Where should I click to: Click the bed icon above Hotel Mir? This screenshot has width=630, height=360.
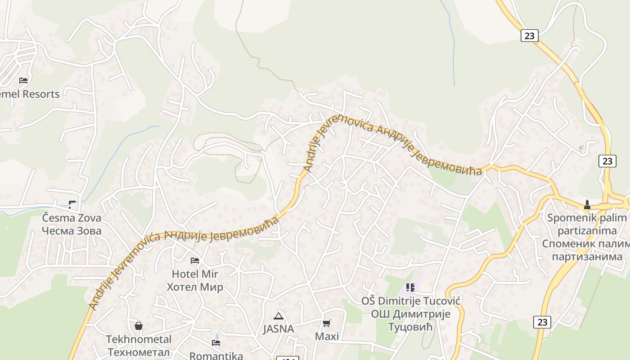coord(195,260)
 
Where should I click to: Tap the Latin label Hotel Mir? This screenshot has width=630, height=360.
coord(195,274)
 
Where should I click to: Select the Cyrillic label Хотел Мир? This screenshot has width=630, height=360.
coord(195,287)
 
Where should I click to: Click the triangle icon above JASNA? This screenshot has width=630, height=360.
coord(279,315)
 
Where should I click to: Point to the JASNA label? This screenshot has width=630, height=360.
coord(279,328)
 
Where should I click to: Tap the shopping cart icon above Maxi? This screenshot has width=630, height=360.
coord(327,323)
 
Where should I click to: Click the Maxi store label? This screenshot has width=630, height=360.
coord(327,336)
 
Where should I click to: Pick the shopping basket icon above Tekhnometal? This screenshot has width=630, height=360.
coord(139,325)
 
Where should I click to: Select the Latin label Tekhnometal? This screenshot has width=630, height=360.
coord(139,339)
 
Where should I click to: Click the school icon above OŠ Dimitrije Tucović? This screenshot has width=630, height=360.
coord(410,287)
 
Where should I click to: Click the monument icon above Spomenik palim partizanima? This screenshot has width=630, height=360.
coord(587,205)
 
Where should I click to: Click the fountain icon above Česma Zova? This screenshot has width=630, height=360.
coord(72,204)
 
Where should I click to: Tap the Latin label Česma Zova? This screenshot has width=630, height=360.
coord(72,218)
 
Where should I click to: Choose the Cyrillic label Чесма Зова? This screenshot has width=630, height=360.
coord(72,231)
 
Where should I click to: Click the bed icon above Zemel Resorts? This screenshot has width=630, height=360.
coord(23,81)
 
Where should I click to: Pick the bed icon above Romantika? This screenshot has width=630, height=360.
coord(216,342)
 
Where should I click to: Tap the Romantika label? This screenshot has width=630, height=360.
coord(216,355)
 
